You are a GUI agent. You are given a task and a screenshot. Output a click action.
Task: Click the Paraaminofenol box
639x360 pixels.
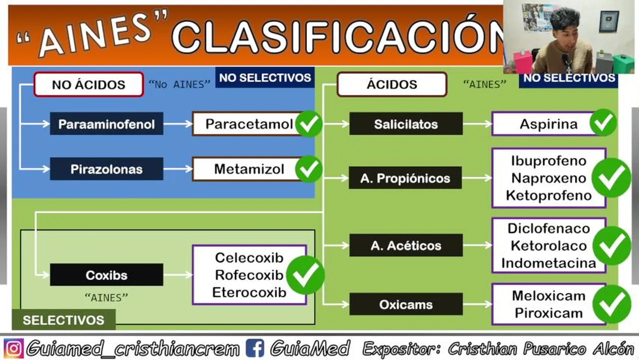tap(106, 124)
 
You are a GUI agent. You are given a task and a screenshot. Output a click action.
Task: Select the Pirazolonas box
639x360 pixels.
tap(106, 169)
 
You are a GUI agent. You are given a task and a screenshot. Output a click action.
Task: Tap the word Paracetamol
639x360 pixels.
tap(249, 124)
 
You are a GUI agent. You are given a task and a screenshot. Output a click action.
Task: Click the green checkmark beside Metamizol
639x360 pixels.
tap(308, 169)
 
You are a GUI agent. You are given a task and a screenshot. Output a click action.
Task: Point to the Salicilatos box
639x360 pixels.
tap(406, 124)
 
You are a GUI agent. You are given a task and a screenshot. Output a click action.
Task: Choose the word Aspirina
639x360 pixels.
tap(548, 124)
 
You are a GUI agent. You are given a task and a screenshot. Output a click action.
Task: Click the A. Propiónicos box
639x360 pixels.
tap(405, 178)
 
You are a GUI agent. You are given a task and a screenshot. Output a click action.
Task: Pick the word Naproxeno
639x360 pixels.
tap(548, 178)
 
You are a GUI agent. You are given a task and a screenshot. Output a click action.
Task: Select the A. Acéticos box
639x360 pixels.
tap(406, 245)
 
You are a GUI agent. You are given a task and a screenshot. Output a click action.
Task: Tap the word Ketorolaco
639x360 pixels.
tap(548, 246)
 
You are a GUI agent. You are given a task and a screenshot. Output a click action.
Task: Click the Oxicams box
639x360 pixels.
tap(406, 304)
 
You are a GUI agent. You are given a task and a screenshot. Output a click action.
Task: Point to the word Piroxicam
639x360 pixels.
tap(548, 313)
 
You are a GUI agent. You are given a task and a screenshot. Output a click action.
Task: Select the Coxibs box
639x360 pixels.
tap(106, 274)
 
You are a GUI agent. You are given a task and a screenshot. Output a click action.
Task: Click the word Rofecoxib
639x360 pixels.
tap(249, 275)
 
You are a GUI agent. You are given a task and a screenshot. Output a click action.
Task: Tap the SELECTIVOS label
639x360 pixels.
tap(63, 320)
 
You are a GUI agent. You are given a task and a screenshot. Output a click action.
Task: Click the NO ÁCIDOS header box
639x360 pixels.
tap(88, 84)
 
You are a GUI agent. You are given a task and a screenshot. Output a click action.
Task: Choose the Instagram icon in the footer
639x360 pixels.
tap(13, 348)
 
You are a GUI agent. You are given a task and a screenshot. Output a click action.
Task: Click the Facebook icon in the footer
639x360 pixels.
tap(254, 348)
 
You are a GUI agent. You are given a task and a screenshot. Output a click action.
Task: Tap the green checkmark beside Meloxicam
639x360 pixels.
tap(611, 304)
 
